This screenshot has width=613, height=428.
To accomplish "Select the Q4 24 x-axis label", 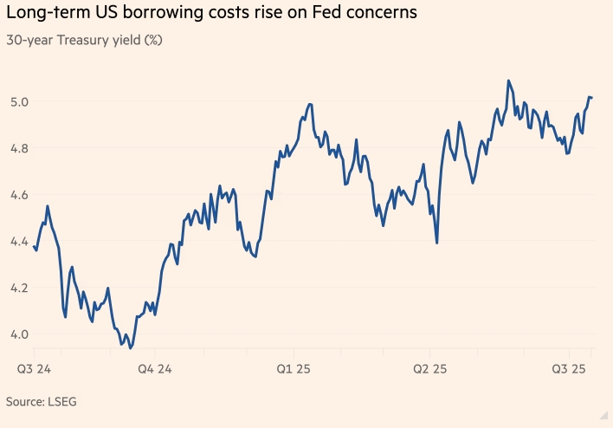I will [157, 369].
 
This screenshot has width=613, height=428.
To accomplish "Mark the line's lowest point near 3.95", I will [130, 347].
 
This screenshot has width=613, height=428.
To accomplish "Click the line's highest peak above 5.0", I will [508, 81].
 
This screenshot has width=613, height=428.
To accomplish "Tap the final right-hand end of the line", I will [591, 97].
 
